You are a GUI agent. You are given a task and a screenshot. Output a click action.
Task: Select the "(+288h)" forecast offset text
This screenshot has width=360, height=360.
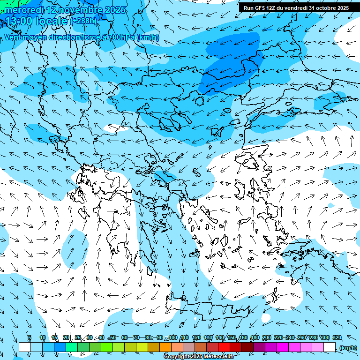click(84, 21)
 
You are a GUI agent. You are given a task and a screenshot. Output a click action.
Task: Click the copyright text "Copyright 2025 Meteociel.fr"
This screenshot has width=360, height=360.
click(199, 357)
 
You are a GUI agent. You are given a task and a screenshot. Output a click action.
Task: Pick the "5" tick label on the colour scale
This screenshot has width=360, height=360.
click(30, 338)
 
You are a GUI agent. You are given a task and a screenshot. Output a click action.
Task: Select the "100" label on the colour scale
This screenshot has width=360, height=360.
click(173, 338)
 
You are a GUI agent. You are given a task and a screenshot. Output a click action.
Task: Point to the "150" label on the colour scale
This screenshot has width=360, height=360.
click(232, 338)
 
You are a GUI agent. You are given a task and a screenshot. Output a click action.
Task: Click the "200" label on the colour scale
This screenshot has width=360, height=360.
click(267, 338)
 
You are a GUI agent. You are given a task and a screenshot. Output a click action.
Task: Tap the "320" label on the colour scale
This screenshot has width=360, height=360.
click(337, 338)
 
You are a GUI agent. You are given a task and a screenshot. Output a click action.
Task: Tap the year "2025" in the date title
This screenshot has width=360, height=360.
click(115, 10)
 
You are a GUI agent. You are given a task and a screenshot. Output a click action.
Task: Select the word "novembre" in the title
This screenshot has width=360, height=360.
click(76, 10)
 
